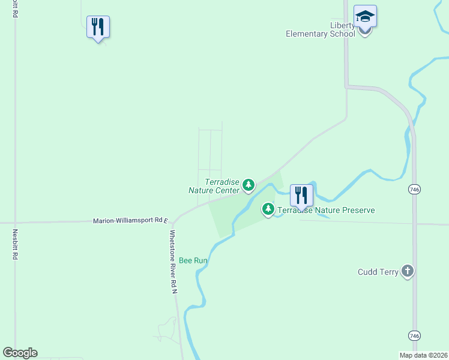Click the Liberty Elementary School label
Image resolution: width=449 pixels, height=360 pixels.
[x=321, y=29]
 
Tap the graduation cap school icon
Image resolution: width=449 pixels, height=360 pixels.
[x=364, y=16]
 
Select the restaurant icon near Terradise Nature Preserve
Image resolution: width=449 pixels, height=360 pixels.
[x=301, y=195]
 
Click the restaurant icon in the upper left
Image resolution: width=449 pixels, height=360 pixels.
[x=98, y=27]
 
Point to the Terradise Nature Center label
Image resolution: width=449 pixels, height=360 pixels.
[x=214, y=186]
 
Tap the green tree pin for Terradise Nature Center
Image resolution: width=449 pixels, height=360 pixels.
[x=249, y=186]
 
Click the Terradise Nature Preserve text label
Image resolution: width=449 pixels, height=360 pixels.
[x=325, y=210]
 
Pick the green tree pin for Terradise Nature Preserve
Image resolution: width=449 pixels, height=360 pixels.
[x=268, y=209]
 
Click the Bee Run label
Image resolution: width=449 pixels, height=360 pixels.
[x=193, y=261]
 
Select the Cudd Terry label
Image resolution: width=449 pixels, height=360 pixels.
[x=378, y=272]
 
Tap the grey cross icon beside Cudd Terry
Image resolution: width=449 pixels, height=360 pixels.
[x=408, y=271]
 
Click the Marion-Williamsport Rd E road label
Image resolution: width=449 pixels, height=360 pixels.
[x=131, y=221]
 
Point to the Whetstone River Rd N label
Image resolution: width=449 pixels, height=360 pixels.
[x=173, y=262]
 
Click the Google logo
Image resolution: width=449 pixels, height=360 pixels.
[x=20, y=353]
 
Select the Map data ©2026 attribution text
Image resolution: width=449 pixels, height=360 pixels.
[x=423, y=355]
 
